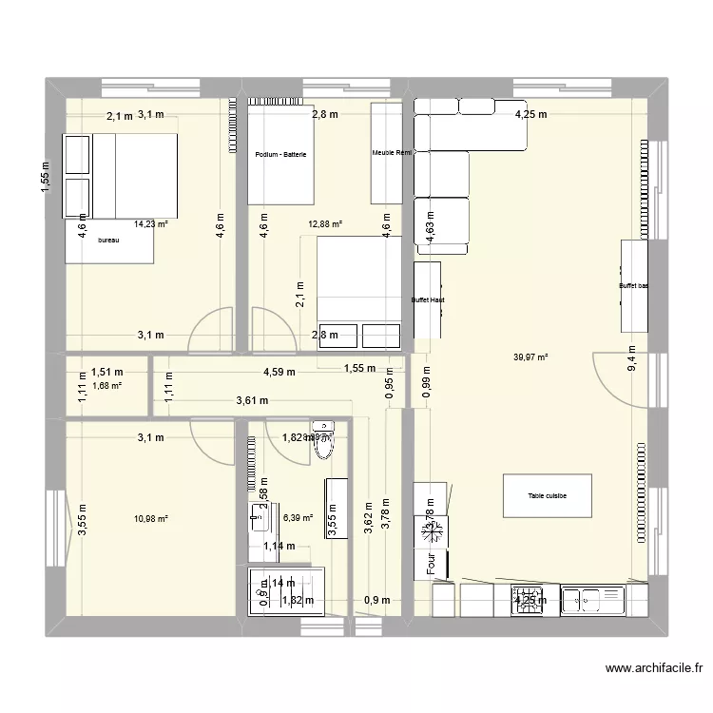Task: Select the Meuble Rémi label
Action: [x=391, y=152]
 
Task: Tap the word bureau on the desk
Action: [x=109, y=241]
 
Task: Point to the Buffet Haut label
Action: [x=428, y=299]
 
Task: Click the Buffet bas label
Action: [x=634, y=285]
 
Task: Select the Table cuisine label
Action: [x=548, y=496]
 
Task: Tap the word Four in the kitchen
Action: [x=431, y=563]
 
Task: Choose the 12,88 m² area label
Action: [x=324, y=224]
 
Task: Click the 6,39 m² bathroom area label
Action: [x=298, y=518]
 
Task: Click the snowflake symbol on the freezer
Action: [x=422, y=530]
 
